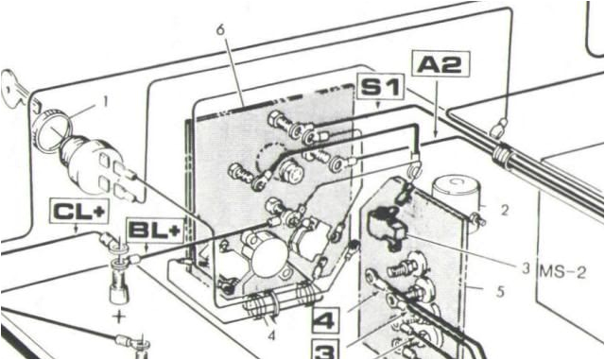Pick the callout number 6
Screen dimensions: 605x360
click(x=220, y=30)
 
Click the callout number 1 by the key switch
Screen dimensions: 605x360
click(x=106, y=99)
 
